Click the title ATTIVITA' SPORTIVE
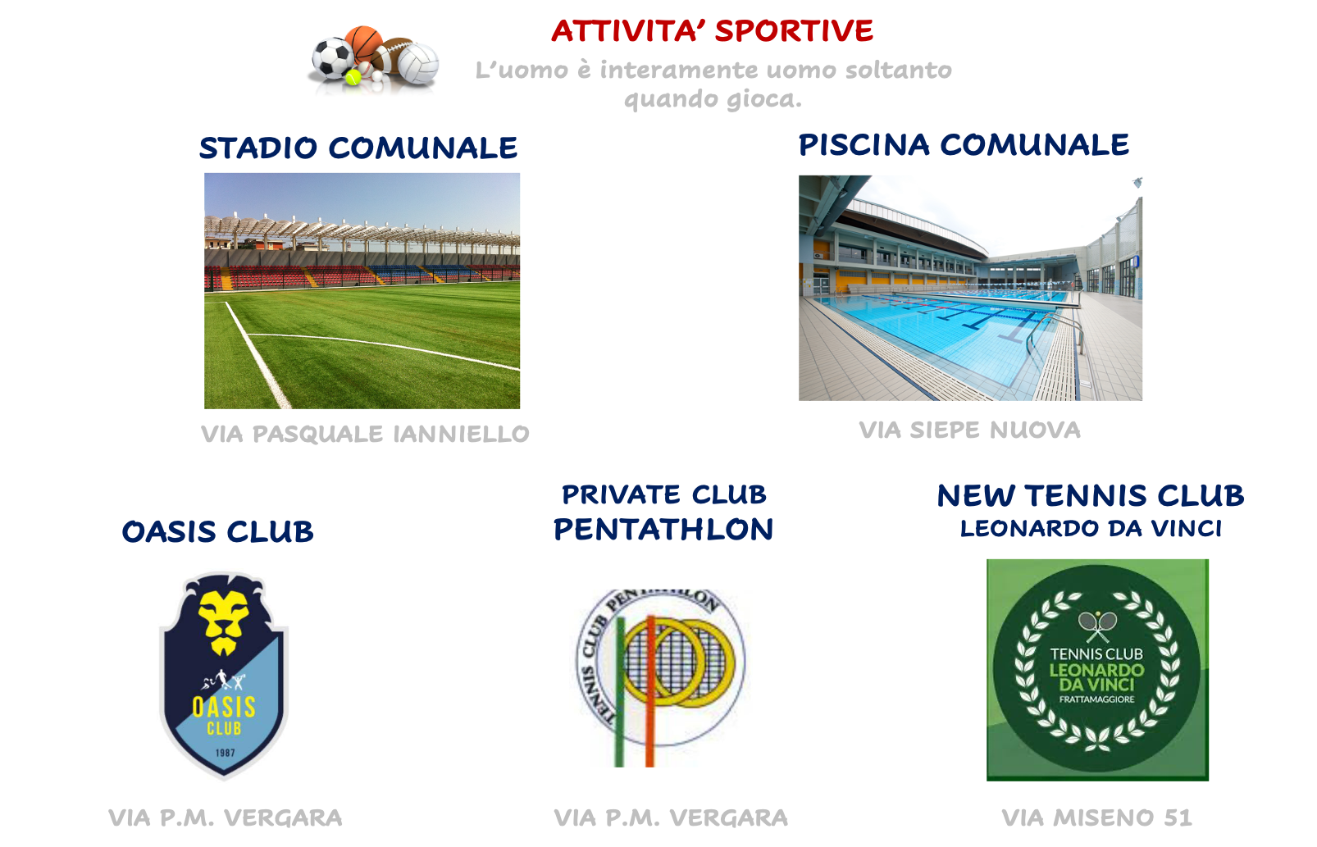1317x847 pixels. [x=712, y=31]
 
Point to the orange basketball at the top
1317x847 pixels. [x=363, y=43]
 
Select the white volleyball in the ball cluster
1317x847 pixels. [x=418, y=63]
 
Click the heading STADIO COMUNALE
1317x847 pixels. [x=358, y=148]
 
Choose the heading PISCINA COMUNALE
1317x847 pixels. [x=964, y=144]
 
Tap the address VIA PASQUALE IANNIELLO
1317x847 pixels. [x=365, y=434]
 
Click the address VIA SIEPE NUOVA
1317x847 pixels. [x=969, y=430]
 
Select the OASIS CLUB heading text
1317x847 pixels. [x=217, y=531]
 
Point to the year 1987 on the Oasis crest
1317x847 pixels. [x=226, y=753]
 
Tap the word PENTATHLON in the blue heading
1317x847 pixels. [x=663, y=529]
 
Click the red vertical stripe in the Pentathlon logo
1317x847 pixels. [x=650, y=691]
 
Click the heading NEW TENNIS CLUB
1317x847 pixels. [x=1091, y=495]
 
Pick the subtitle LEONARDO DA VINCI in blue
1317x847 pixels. [x=1091, y=528]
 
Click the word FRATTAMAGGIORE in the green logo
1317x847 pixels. [x=1097, y=699]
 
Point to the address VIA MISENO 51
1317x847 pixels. [x=1096, y=817]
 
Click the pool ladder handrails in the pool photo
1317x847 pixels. [x=1055, y=333]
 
